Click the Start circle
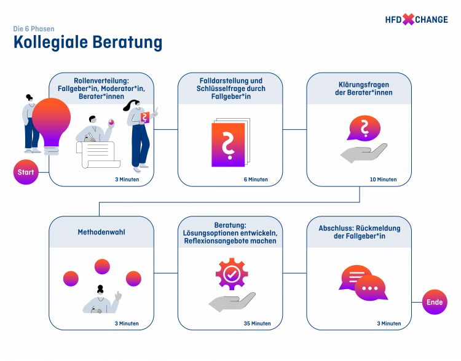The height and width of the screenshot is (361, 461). coord(26,172)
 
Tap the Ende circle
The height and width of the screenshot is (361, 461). coord(435,302)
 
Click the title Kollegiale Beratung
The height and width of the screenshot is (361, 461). coord(88,42)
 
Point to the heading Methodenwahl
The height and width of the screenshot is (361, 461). coord(101,232)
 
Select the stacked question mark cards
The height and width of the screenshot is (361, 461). coord(229,143)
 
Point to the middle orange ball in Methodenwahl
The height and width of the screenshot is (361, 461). coord(101,266)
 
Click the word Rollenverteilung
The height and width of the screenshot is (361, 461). coord(92,81)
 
